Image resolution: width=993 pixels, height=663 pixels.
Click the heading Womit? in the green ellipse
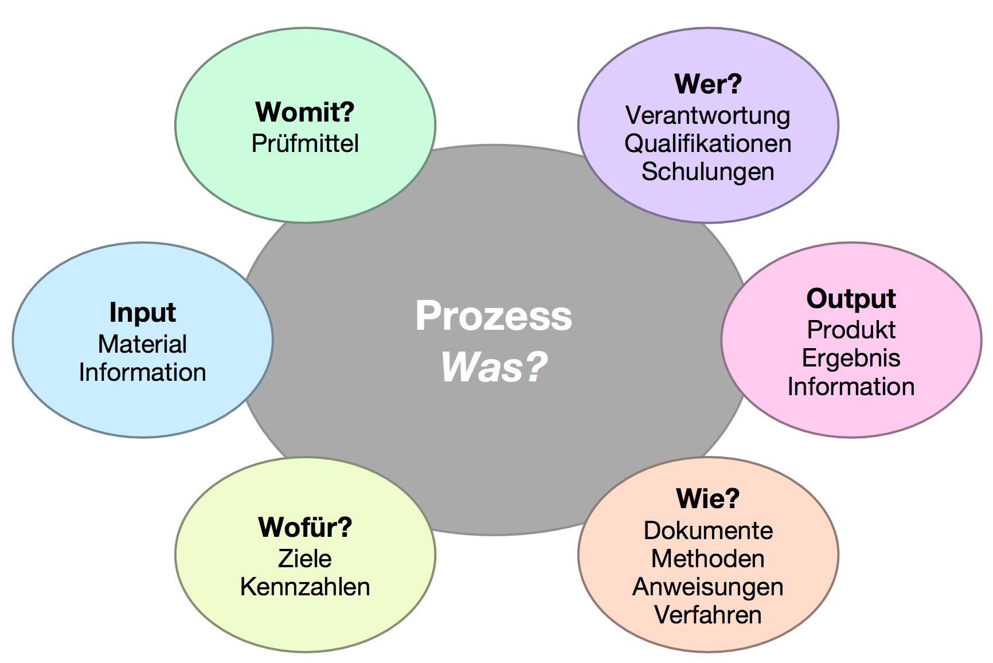pos(305,112)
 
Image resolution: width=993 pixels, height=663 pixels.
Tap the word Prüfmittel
pos(305,143)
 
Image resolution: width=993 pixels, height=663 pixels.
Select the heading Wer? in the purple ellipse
pos(708,84)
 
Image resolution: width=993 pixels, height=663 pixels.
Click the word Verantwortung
pos(708,115)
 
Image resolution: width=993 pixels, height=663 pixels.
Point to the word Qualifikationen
pos(708,143)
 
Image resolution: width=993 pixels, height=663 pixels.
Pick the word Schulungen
pos(708,171)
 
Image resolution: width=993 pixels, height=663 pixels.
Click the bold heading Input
pos(142,313)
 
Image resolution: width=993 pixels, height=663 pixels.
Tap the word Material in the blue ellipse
pos(142,344)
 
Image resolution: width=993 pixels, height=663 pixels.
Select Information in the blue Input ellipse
pos(142,372)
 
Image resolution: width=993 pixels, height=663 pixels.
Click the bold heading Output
pos(851,299)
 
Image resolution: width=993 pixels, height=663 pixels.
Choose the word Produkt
pos(851,330)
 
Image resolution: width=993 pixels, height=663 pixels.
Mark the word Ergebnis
pos(851,358)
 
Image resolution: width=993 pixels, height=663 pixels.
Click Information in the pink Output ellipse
pos(851,387)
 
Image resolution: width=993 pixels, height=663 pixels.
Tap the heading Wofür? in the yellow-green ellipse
pos(305,528)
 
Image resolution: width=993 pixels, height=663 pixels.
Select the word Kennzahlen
pos(305,587)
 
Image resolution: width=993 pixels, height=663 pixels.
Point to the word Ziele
pos(305,559)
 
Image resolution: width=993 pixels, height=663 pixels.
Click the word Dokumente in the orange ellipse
pos(708,531)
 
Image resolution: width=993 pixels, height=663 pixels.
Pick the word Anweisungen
pos(708,587)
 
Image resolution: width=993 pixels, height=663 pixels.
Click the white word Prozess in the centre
pos(494,316)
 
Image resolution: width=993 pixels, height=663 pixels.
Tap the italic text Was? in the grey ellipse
pos(494,367)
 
